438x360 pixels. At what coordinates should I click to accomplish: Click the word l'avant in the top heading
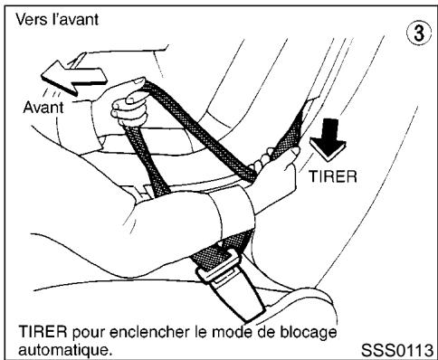[x=77, y=18]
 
